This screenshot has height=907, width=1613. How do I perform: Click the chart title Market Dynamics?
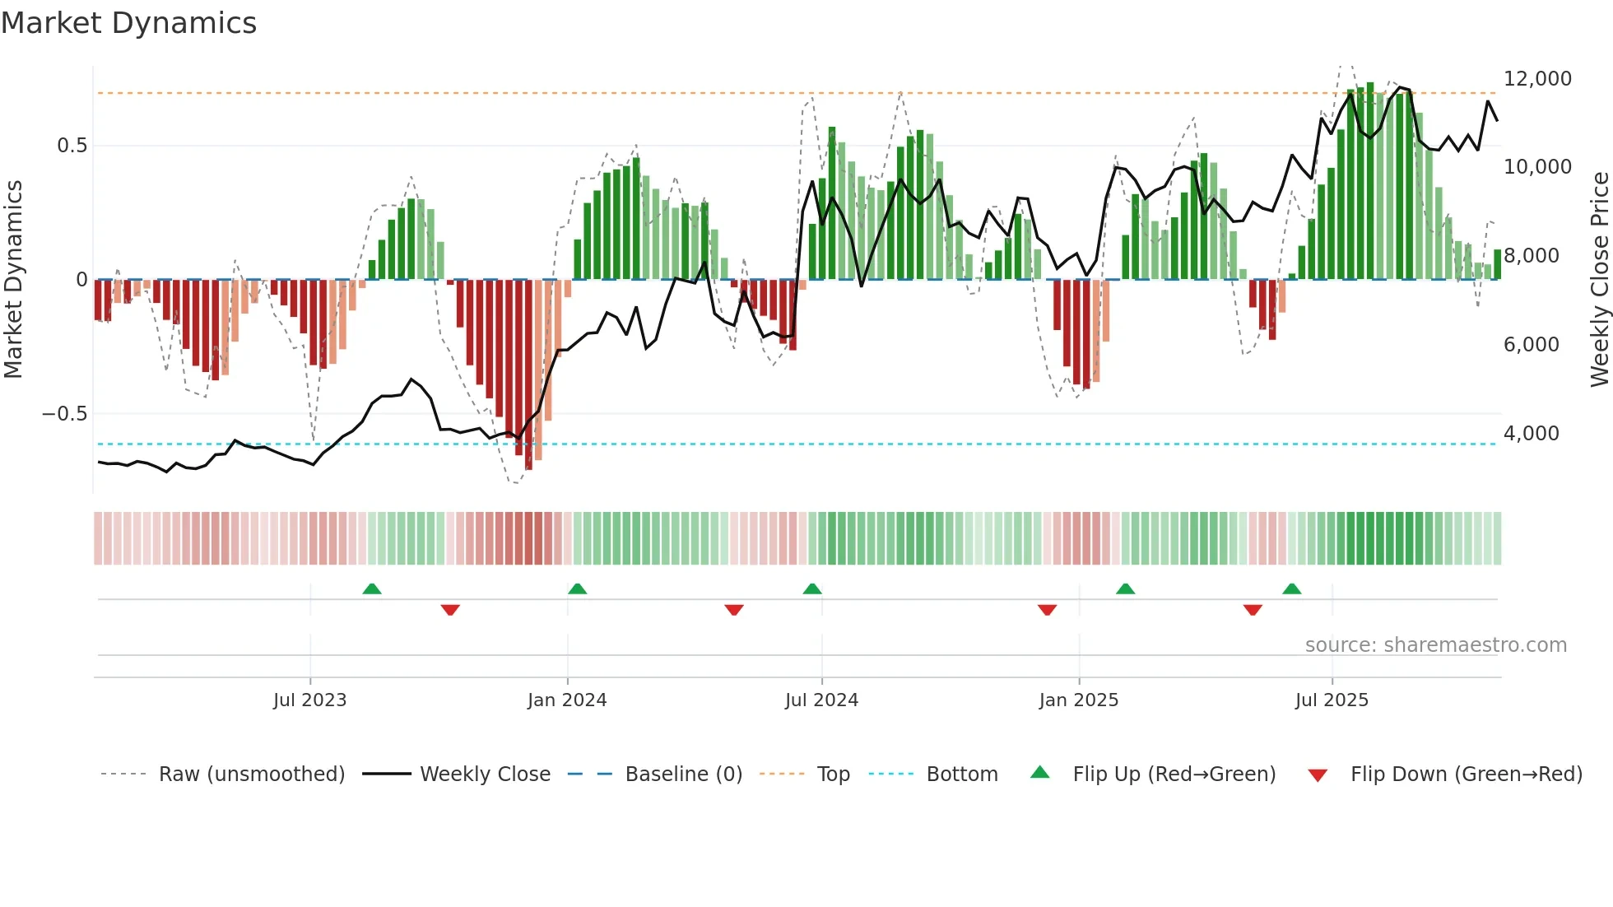[128, 23]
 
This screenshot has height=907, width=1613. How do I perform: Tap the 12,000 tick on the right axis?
[1536, 79]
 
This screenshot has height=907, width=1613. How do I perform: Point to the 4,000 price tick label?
[1531, 434]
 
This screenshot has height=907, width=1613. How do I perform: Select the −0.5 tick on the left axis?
[64, 414]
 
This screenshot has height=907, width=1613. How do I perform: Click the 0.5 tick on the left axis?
[72, 146]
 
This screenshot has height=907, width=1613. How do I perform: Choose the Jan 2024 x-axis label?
[567, 700]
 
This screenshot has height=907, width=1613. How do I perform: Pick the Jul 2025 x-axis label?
[1331, 700]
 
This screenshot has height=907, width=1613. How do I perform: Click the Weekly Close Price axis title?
[1599, 279]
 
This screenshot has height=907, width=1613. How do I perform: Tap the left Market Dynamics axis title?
[13, 279]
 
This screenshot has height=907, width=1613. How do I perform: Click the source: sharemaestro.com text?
[1435, 645]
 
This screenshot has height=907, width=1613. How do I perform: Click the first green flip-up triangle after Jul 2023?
[372, 589]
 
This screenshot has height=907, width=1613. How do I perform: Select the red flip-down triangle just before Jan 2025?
[1047, 610]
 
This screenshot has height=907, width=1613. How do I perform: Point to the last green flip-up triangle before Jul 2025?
[1291, 589]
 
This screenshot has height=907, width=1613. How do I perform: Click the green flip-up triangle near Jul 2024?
[812, 589]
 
